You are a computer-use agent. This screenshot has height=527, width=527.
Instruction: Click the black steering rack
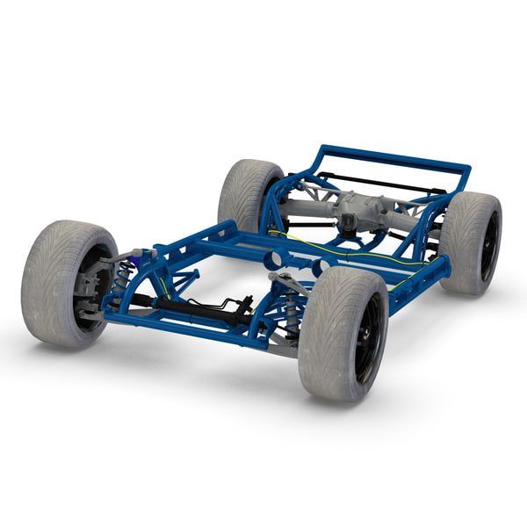click(x=189, y=307)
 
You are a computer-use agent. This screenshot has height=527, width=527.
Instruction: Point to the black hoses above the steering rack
click(x=224, y=302)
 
